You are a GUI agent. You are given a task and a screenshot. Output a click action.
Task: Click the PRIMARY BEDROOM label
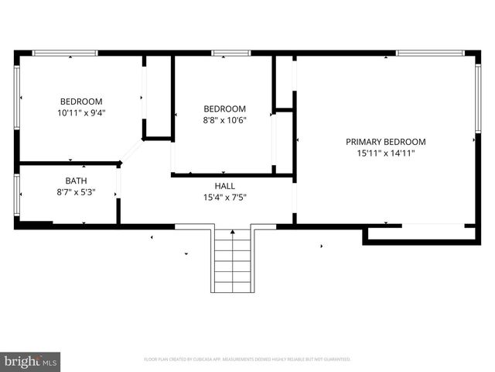(385, 142)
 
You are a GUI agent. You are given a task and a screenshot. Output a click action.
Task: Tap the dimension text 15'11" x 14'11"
(385, 153)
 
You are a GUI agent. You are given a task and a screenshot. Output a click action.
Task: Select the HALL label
(224, 186)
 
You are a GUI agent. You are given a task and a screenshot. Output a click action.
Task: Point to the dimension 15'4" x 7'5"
(224, 198)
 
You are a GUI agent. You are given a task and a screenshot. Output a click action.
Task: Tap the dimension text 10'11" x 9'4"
(81, 112)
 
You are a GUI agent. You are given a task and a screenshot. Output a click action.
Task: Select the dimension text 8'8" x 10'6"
(224, 120)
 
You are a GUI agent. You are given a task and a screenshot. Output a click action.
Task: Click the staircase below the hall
(233, 260)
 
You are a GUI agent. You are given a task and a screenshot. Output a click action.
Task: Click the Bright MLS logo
(31, 361)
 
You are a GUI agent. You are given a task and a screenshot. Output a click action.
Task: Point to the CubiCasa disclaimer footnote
(247, 360)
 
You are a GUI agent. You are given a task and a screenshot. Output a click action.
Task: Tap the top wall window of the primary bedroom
(429, 53)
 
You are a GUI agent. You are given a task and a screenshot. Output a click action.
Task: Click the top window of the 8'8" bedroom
(231, 53)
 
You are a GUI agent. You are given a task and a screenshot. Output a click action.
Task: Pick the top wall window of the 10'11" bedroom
(65, 53)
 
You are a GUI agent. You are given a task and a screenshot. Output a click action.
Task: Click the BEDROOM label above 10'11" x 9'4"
(81, 102)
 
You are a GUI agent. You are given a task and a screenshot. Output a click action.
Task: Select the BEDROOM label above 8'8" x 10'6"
(224, 108)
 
